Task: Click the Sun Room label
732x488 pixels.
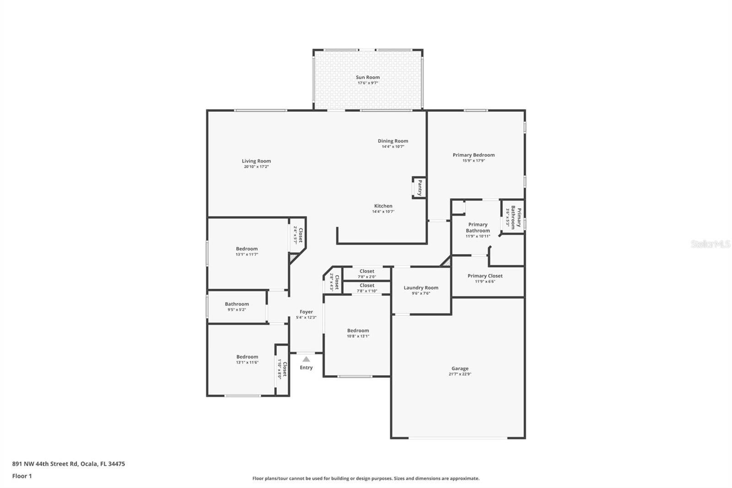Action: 368,77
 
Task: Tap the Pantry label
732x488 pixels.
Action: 420,187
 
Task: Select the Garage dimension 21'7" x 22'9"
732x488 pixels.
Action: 460,374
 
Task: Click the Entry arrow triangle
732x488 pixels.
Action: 306,359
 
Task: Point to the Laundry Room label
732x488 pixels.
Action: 421,287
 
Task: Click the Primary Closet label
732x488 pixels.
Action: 485,276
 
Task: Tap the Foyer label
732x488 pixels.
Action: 306,312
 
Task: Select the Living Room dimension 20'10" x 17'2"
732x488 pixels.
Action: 256,167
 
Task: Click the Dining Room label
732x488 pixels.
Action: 393,141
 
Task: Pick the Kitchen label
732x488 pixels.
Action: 383,206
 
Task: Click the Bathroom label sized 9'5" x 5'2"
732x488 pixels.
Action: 237,304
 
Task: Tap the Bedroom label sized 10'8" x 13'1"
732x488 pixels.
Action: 358,331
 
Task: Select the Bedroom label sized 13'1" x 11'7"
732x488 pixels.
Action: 247,249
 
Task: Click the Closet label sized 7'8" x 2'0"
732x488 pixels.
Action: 366,271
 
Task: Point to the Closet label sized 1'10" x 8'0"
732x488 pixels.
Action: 285,369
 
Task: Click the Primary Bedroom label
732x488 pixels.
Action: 474,155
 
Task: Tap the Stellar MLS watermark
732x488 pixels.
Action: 710,244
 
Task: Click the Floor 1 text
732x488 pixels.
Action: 22,476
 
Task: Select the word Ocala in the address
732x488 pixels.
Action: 89,464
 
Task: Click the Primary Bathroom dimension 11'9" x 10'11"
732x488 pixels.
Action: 478,236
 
